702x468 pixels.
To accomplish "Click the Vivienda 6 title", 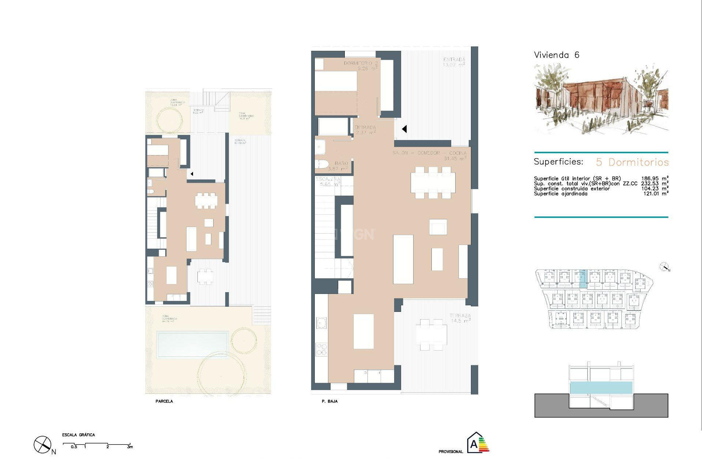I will (556, 55).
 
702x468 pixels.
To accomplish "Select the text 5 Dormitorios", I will (632, 162).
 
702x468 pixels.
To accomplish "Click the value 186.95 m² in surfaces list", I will (654, 178).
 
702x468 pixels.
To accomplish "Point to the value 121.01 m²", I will (656, 194).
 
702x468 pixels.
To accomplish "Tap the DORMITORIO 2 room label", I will (361, 65).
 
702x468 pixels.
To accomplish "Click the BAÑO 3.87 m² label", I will (339, 166).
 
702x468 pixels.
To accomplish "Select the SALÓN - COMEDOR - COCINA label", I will (429, 153).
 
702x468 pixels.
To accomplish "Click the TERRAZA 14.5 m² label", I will (460, 318).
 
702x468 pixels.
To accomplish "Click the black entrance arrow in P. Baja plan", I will (404, 129).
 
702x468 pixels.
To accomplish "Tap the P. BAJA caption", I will (329, 401).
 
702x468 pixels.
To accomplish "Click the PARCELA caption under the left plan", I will (164, 401).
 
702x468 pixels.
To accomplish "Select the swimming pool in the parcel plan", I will (192, 344).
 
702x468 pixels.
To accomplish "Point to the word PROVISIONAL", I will (450, 452).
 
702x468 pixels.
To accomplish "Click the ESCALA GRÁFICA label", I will (78, 435).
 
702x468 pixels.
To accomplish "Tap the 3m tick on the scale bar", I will (130, 447).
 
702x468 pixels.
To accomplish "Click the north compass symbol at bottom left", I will (43, 445).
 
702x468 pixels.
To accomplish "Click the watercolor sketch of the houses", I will (601, 99).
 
